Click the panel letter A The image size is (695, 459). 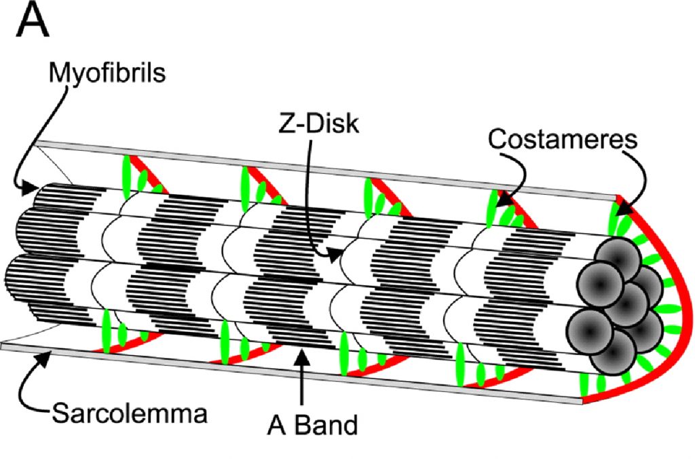(33, 22)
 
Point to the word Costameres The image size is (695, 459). (563, 140)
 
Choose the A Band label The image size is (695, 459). (312, 426)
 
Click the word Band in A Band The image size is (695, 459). (329, 426)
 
